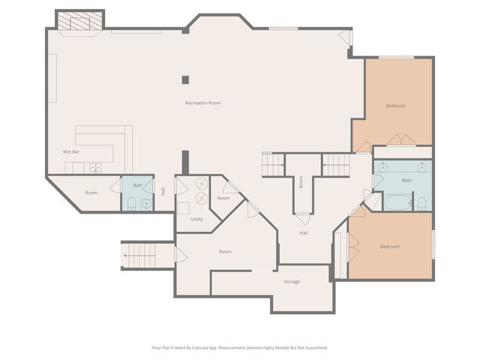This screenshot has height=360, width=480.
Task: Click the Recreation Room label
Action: coord(202,103)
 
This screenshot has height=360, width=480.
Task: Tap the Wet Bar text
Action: coord(71,152)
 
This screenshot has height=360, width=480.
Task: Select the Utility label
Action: coord(196,219)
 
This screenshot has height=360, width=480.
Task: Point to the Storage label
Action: coord(292,281)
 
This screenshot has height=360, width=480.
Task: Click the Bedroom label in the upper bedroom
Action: coord(396,106)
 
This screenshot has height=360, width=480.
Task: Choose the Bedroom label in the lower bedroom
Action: coord(389,247)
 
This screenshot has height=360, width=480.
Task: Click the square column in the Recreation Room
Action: coord(185,79)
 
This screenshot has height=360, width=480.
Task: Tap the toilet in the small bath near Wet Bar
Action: coord(131,202)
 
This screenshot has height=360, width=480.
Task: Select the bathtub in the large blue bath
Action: coord(397,201)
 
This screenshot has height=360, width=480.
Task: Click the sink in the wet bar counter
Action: coord(95,167)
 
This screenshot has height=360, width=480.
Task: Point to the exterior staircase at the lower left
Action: coord(138,254)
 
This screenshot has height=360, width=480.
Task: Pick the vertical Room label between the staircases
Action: coord(301,181)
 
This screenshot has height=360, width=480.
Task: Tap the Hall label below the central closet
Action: coord(304,233)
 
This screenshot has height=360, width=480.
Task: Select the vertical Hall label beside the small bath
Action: coord(163,191)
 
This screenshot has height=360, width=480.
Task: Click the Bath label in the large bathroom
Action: coord(406,180)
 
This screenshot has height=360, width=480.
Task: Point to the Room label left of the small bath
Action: coord(91,193)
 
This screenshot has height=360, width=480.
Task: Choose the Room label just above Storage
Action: coord(225,251)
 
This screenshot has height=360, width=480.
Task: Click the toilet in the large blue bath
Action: coord(421,202)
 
